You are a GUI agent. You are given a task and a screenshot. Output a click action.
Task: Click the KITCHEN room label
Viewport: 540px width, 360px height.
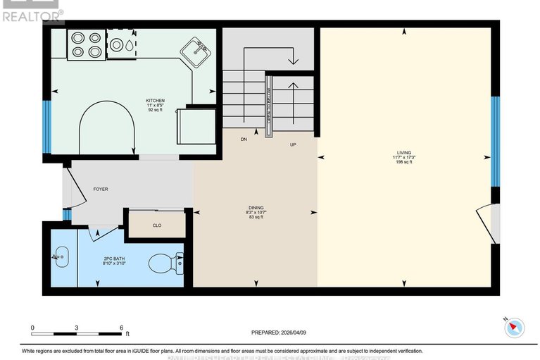pyautogui.click(x=155, y=101)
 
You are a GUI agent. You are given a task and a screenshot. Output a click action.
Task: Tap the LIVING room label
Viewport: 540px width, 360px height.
pyautogui.click(x=404, y=151)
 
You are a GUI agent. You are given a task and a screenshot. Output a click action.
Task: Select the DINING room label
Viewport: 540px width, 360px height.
pyautogui.click(x=255, y=206)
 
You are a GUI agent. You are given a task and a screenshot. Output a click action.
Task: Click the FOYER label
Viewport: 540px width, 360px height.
pyautogui.click(x=100, y=190)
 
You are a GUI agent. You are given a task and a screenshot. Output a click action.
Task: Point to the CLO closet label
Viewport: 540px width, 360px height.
pyautogui.click(x=157, y=226)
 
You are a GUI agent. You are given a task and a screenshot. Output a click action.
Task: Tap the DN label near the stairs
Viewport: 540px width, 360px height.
pyautogui.click(x=244, y=139)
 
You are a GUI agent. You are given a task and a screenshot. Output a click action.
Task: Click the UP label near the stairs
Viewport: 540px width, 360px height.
pyautogui.click(x=294, y=145)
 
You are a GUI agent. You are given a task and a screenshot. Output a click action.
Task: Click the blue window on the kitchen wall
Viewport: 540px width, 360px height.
pyautogui.click(x=46, y=128)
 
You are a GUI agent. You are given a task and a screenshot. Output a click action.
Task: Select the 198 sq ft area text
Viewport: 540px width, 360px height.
pyautogui.click(x=404, y=162)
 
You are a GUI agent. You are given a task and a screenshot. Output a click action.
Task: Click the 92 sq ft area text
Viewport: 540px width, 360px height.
pyautogui.click(x=155, y=111)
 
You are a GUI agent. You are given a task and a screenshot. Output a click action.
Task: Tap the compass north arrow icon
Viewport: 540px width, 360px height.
pyautogui.click(x=515, y=326)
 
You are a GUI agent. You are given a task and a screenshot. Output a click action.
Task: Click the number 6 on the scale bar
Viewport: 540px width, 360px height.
pyautogui.click(x=122, y=328)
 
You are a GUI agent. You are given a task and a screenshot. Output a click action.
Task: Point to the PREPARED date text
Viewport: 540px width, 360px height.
pyautogui.click(x=280, y=333)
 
